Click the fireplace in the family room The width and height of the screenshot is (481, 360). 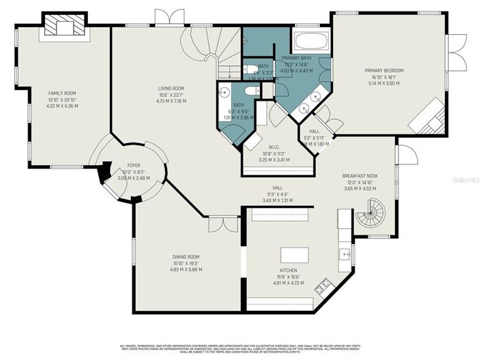[x=63, y=27]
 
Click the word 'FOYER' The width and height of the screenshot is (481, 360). [x=134, y=166]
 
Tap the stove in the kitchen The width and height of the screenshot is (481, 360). [x=322, y=285]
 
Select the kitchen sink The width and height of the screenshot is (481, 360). [x=345, y=256]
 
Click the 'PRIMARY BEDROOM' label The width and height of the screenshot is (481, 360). [x=384, y=71]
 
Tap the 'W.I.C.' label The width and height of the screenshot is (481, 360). [x=277, y=154]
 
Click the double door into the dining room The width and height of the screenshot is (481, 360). [x=223, y=222]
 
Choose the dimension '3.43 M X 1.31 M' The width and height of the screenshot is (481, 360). [x=277, y=200]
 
